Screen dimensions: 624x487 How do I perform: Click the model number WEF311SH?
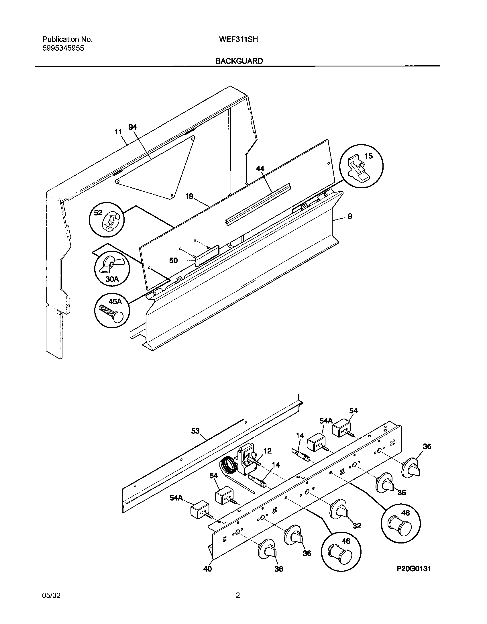pyautogui.click(x=238, y=39)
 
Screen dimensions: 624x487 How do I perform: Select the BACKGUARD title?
pyautogui.click(x=239, y=61)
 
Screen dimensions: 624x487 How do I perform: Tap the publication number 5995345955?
pyautogui.click(x=63, y=48)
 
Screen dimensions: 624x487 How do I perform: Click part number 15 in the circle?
pyautogui.click(x=369, y=156)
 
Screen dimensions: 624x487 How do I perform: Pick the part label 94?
pyautogui.click(x=133, y=127)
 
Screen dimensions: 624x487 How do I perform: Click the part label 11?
pyautogui.click(x=118, y=132)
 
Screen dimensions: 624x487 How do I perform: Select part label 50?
pyautogui.click(x=173, y=260)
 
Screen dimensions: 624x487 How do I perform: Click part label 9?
pyautogui.click(x=350, y=216)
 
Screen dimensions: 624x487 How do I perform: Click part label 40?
pyautogui.click(x=207, y=569)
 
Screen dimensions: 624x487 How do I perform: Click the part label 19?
pyautogui.click(x=189, y=197)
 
